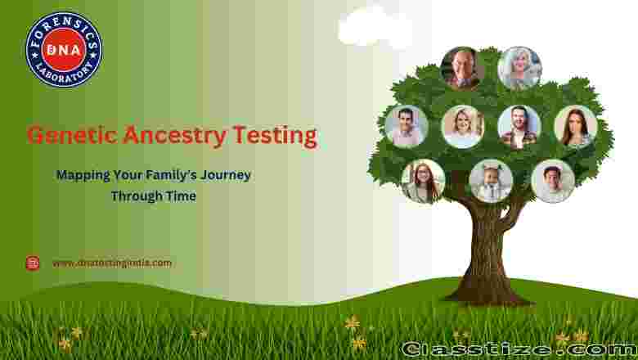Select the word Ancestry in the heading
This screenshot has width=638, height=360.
(x=174, y=137)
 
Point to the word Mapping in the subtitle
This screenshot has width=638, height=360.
(x=83, y=176)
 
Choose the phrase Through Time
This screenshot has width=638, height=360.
(x=154, y=196)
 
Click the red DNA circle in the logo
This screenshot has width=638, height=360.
(x=64, y=50)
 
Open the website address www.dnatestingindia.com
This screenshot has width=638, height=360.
(x=112, y=263)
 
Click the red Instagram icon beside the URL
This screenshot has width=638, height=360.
(x=33, y=263)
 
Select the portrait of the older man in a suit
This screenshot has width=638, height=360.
(x=462, y=68)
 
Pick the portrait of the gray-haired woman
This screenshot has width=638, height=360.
(x=519, y=68)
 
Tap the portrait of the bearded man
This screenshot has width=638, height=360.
(x=519, y=127)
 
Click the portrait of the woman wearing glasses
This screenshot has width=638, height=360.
(x=423, y=181)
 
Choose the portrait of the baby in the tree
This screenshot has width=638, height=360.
(x=491, y=181)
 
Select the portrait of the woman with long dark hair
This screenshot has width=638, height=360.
(x=576, y=127)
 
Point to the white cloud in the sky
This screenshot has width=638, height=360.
(x=375, y=26)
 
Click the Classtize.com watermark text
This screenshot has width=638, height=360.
(x=519, y=349)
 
